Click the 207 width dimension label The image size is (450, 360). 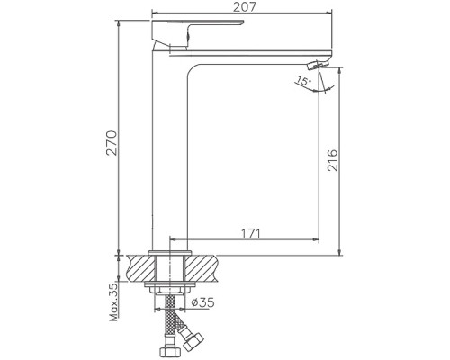(245, 6)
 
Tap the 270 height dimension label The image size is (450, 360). (112, 143)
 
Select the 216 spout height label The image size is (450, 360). (332, 160)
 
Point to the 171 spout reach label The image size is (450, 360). (250, 233)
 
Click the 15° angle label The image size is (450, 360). (303, 81)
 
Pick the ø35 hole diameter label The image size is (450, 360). (203, 302)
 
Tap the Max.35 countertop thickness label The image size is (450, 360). (114, 302)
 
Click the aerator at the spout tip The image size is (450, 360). (318, 64)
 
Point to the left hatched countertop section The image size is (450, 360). (141, 268)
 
